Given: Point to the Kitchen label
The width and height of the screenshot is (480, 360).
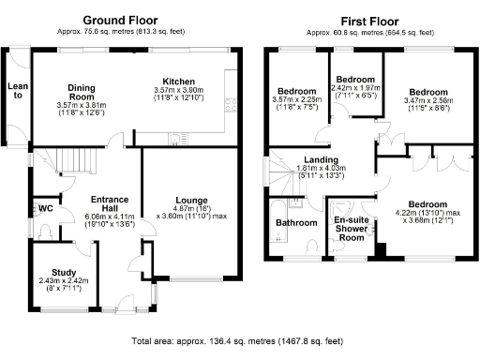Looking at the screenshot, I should point(178,81).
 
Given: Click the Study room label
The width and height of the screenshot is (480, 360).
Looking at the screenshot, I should point(64,274).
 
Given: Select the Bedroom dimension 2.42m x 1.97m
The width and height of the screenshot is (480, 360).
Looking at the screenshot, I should point(355,90).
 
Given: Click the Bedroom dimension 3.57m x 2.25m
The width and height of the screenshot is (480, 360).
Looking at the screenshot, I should point(294,103).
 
